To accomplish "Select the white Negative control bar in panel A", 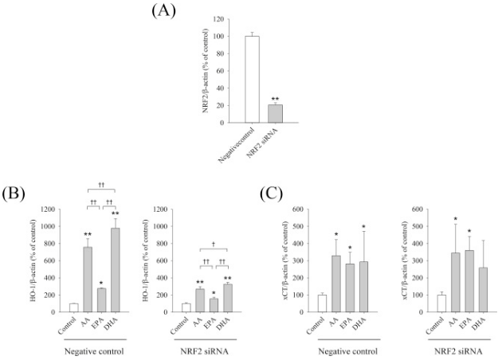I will [x=252, y=80].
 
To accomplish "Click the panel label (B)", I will [x=13, y=194].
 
